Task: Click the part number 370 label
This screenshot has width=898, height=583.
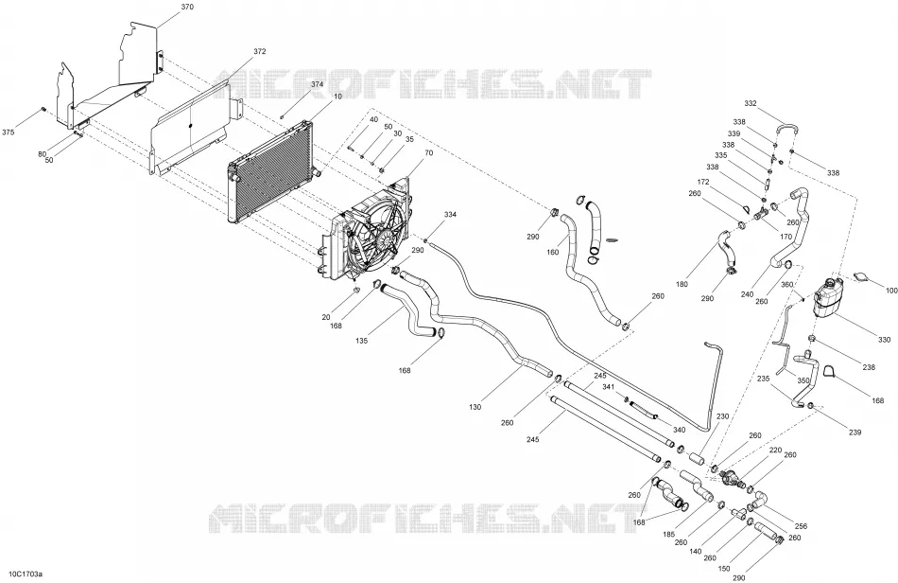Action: click(187, 7)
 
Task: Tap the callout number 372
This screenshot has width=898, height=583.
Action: click(259, 51)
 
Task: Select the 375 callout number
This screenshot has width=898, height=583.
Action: click(9, 132)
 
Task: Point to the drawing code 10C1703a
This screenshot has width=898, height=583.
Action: click(22, 574)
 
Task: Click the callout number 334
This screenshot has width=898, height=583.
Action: click(450, 215)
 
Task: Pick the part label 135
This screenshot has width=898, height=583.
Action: click(361, 341)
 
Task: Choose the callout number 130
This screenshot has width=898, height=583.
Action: click(475, 407)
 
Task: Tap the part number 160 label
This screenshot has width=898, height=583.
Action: click(553, 253)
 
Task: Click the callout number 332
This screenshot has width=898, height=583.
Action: click(751, 103)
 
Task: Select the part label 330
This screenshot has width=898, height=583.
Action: click(884, 340)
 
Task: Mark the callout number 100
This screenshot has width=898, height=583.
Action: click(891, 291)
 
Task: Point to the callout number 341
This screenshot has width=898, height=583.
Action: click(608, 387)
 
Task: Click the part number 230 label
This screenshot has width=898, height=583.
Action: click(723, 416)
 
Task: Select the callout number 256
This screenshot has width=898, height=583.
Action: click(802, 526)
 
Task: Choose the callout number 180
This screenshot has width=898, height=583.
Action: click(682, 284)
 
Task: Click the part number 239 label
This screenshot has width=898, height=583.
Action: click(855, 433)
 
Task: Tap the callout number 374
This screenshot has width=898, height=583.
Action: click(317, 83)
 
